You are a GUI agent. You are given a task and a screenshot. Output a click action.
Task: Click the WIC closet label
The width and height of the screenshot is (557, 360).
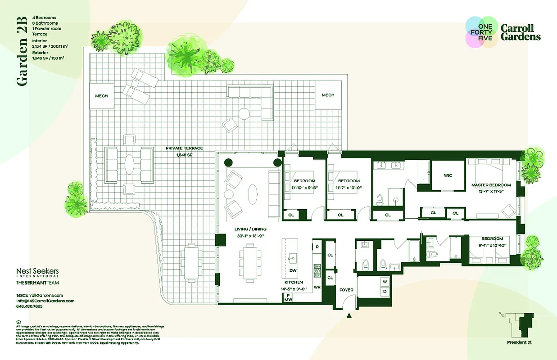tap(448, 175)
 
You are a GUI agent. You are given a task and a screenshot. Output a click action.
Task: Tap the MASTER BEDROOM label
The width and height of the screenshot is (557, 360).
tap(491, 185)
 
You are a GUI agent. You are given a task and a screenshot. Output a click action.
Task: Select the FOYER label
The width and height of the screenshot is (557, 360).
tap(346, 290)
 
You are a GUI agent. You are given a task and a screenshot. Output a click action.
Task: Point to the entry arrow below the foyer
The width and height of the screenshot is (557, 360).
tap(349, 316)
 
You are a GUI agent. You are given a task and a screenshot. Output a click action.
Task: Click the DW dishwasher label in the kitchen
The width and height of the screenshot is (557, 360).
tap(293, 271)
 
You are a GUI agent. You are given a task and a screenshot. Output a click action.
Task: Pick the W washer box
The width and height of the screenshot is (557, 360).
tap(385, 282)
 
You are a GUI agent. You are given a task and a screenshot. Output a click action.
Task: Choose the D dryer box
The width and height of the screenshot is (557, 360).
tap(385, 292)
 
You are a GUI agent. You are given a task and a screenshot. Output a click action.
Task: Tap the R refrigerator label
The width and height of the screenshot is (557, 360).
tap(317, 247)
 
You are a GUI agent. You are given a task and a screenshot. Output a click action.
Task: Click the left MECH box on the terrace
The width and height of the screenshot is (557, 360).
tap(101, 96)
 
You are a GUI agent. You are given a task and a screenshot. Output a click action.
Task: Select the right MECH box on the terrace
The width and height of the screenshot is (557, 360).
tap(328, 95)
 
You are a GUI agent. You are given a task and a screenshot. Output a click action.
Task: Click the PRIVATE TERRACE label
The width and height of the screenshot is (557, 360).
tap(184, 148)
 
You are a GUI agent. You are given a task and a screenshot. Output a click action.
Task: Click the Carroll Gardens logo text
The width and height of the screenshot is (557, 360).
tap(521, 32)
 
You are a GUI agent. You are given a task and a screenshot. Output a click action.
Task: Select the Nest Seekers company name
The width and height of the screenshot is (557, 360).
tap(37, 272)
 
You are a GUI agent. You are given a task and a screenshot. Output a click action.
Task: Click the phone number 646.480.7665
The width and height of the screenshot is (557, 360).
tap(30, 306)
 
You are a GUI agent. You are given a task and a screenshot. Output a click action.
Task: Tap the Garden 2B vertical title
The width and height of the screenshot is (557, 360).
tap(22, 51)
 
